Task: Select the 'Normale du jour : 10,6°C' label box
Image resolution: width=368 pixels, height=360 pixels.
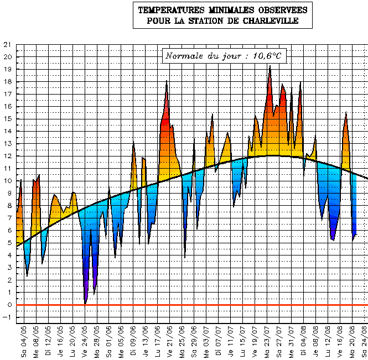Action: coord(224,56)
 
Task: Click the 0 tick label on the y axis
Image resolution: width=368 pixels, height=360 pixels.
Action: coord(8,305)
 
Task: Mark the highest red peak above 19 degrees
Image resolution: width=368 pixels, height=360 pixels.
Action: coord(269,67)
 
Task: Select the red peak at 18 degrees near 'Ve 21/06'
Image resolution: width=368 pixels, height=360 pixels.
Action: coord(167,82)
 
